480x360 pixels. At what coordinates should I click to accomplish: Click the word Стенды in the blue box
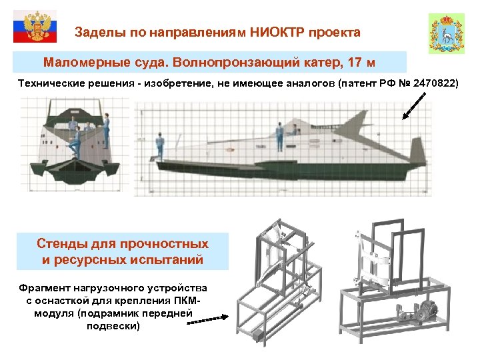coord(63,244)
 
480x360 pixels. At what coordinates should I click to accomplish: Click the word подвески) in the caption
coord(113,326)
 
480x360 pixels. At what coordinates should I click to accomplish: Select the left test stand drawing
coord(280,280)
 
